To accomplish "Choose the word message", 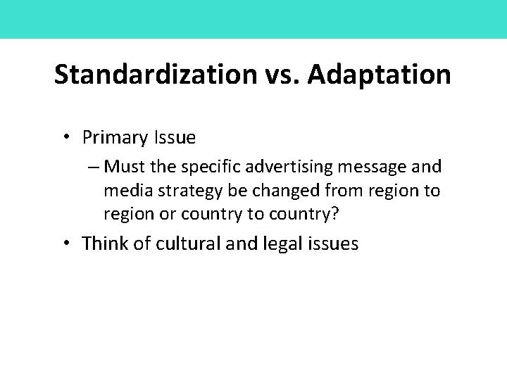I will tap(379, 167).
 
